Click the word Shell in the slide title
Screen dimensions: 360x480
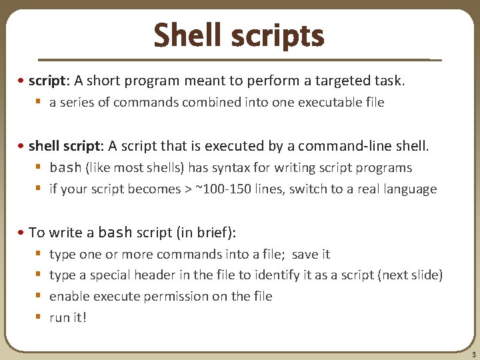tap(189, 35)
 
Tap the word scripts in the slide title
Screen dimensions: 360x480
tap(279, 37)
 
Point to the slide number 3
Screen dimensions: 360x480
tap(473, 355)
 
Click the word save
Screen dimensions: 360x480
tap(306, 254)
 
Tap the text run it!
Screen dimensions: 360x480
tap(68, 318)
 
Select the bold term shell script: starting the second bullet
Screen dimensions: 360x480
tap(63, 146)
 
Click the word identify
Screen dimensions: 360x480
tap(299, 275)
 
